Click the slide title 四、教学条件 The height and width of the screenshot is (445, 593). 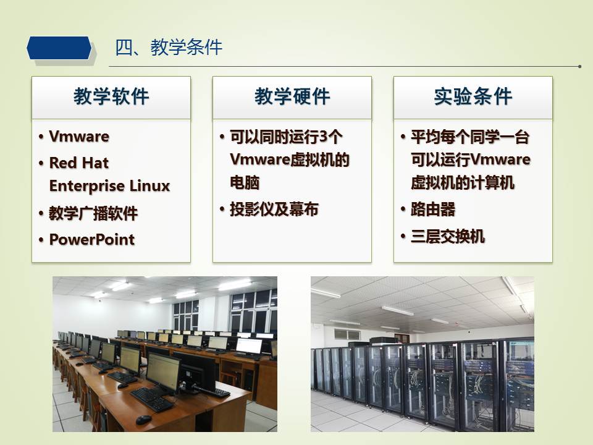click(x=168, y=48)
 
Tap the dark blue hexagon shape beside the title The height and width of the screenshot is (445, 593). click(x=59, y=48)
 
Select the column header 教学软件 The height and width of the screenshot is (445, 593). click(x=111, y=96)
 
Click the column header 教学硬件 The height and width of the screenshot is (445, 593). click(x=292, y=96)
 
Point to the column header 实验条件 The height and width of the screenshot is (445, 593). click(x=473, y=96)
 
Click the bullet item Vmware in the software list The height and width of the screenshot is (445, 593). click(x=79, y=136)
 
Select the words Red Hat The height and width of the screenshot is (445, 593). click(x=79, y=163)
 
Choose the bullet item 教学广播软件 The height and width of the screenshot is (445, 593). click(x=93, y=213)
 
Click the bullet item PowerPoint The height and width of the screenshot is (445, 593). click(x=92, y=240)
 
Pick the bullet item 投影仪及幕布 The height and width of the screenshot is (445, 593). click(x=274, y=210)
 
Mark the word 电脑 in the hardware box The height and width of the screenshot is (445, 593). click(x=245, y=183)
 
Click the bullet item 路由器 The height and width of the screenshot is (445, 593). click(x=433, y=210)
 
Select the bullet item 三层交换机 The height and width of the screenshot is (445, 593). click(x=448, y=237)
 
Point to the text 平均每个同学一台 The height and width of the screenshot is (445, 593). click(x=470, y=137)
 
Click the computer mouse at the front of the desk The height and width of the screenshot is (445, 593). click(x=144, y=419)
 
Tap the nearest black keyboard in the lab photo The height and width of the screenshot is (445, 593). click(x=152, y=400)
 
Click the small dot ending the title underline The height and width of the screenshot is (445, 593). click(x=579, y=67)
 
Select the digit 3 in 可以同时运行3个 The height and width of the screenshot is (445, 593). click(x=323, y=137)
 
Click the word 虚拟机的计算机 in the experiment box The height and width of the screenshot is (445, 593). click(x=463, y=183)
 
